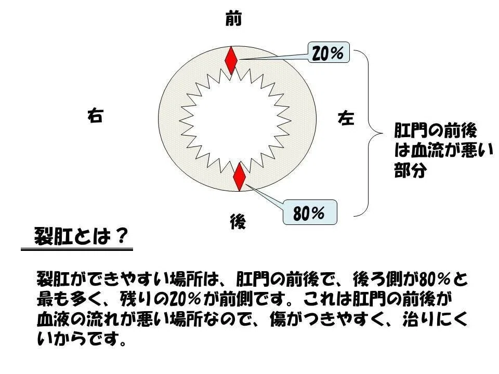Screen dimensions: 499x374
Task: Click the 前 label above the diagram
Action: coord(233,18)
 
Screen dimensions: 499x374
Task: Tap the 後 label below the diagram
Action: coord(238,222)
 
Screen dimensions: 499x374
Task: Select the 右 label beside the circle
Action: coord(95,115)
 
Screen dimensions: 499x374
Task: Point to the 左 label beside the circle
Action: coord(346,118)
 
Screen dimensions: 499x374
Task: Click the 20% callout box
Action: coord(329,52)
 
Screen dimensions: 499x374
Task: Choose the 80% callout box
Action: coord(310,212)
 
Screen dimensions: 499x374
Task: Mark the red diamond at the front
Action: coord(231,60)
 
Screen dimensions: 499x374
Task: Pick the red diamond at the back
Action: coord(239,177)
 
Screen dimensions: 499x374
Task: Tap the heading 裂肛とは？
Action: coord(81,236)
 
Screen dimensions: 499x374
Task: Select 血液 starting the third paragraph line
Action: coord(53,319)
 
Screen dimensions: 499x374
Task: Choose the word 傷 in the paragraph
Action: coord(278,319)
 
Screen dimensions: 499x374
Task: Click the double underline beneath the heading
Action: coord(77,249)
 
